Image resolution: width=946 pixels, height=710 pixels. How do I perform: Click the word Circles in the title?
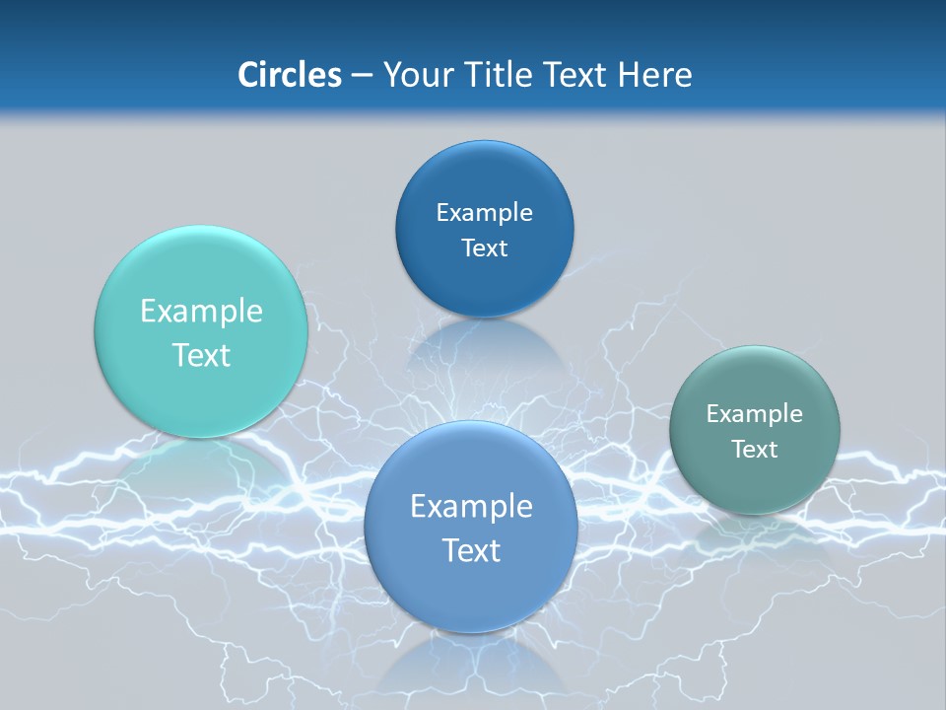coord(289,75)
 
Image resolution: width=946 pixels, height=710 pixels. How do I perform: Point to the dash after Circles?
coord(361,76)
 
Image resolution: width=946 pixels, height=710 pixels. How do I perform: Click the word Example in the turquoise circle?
coord(201,312)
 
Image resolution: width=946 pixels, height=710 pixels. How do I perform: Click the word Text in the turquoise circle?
coord(201,355)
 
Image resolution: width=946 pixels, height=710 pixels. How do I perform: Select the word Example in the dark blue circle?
coord(484,213)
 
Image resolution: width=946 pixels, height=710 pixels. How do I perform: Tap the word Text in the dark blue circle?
coord(484,248)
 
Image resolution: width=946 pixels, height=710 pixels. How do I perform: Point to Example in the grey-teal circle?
coord(755,414)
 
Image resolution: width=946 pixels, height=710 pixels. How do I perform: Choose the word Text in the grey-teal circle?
coord(755,450)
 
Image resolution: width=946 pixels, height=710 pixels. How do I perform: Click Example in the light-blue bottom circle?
coord(471,507)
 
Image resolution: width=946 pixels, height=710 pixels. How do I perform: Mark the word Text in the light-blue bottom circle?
coord(471,550)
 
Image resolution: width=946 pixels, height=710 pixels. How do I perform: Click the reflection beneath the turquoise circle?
coord(201,463)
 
